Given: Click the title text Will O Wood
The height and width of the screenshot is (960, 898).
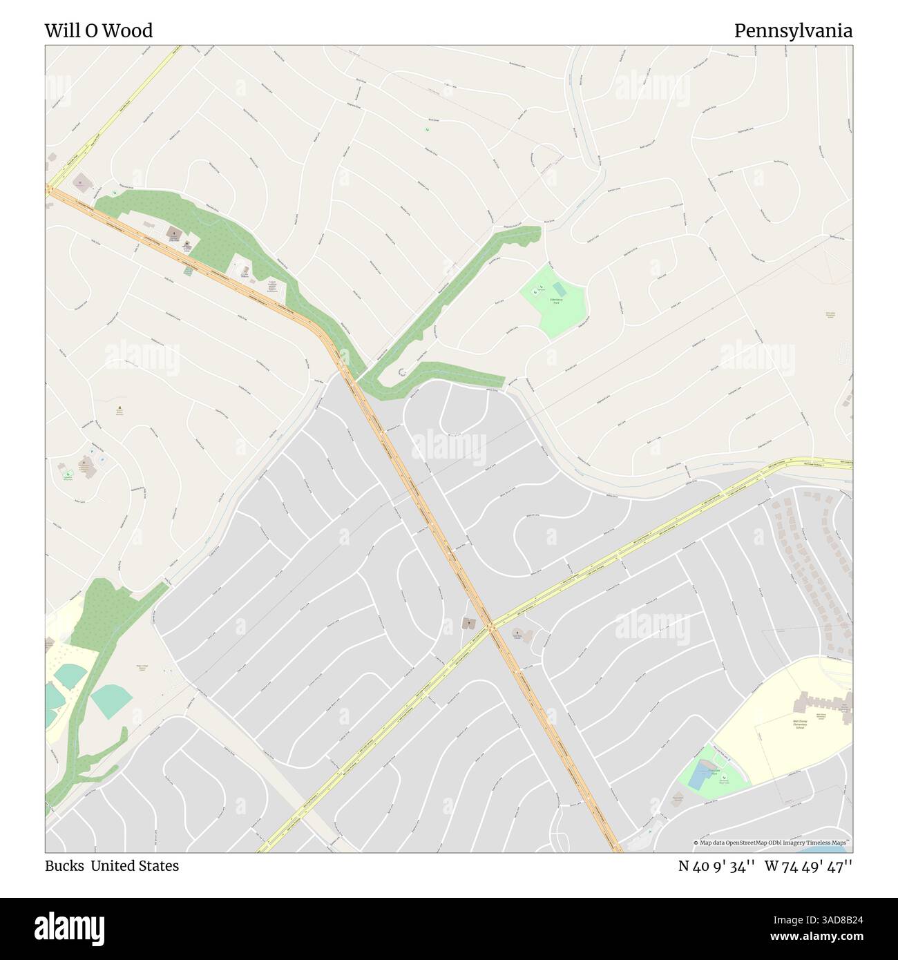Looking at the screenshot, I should [x=99, y=31].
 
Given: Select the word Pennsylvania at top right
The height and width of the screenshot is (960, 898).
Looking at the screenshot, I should [x=792, y=31].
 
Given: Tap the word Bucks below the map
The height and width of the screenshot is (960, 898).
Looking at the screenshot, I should [x=64, y=866].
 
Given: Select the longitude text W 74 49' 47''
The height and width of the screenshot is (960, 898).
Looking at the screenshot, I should [x=808, y=866].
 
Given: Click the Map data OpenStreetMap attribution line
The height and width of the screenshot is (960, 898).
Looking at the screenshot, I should [x=771, y=843].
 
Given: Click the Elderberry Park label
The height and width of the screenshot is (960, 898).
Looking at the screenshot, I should [x=557, y=300].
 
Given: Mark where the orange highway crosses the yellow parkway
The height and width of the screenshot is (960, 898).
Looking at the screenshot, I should [x=491, y=627].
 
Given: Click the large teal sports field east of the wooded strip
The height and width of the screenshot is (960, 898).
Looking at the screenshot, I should [x=111, y=700].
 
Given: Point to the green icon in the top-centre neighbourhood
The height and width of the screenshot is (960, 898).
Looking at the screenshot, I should [x=424, y=131].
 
